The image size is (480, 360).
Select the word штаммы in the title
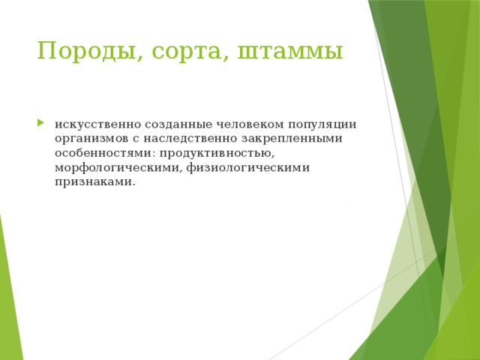pyautogui.click(x=290, y=52)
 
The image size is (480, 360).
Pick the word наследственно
pyautogui.click(x=190, y=139)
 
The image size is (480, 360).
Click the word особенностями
pyautogui.click(x=99, y=153)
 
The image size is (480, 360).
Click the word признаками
pyautogui.click(x=93, y=181)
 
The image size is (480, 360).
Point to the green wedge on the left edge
pyautogui.click(x=9, y=300)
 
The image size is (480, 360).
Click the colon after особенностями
pyautogui.click(x=147, y=154)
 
